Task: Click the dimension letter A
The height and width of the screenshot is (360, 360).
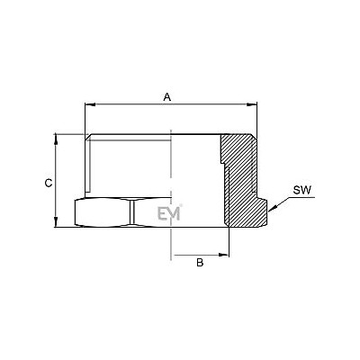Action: click(167, 97)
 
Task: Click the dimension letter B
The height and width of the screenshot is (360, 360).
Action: click(200, 263)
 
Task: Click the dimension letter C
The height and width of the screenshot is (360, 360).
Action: click(49, 183)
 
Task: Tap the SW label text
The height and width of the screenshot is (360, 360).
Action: click(302, 190)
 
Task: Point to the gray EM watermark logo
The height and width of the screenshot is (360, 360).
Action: click(169, 213)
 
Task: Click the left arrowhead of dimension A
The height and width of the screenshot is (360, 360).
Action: click(90, 104)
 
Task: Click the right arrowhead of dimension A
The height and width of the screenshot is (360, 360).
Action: click(252, 104)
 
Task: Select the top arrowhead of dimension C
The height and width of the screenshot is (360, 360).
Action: click(56, 139)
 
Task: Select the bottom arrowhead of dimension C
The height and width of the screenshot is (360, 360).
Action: click(56, 222)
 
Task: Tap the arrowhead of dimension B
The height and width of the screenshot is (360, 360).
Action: click(224, 255)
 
